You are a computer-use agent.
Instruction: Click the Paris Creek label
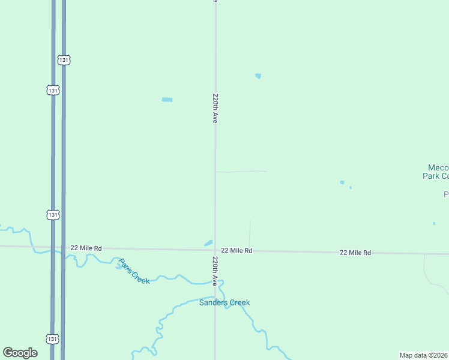tap(134, 271)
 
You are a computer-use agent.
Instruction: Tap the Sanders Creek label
tap(224, 302)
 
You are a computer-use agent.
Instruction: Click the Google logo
tap(20, 353)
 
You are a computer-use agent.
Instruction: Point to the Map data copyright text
tap(424, 355)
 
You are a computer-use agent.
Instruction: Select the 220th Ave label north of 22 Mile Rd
tap(214, 108)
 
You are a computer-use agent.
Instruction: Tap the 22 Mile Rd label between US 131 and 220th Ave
tap(86, 248)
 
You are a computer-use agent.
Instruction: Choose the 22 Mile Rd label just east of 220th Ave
tap(237, 250)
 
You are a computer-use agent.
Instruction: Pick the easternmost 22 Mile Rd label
tap(355, 253)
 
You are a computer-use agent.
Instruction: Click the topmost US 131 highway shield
tap(64, 60)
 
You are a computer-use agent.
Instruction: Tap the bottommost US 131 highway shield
tap(53, 339)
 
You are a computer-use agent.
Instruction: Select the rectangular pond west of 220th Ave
tap(167, 100)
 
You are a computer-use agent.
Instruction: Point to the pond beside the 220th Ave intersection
tap(208, 243)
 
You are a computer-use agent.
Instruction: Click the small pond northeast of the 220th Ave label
tap(258, 76)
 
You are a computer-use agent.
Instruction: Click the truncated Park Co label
tap(436, 176)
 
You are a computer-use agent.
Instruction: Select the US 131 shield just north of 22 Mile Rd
tap(53, 214)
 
